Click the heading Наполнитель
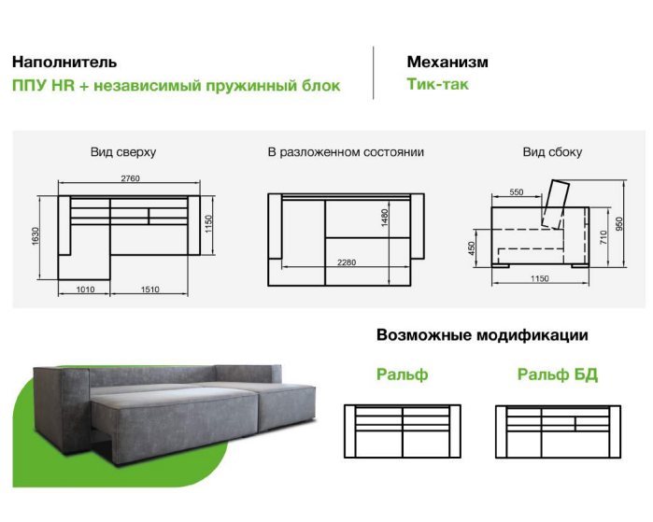[x=64, y=62]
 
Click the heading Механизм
[x=447, y=62]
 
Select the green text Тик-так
[x=437, y=84]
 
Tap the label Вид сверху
[x=123, y=152]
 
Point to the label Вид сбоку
[x=552, y=152]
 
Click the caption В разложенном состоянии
[x=346, y=152]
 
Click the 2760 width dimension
[x=131, y=178]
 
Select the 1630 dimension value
[x=35, y=236]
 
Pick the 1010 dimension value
[x=85, y=289]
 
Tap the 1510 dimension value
[x=149, y=289]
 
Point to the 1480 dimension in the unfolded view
[x=384, y=218]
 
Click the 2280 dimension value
[x=347, y=262]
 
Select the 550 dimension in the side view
[x=516, y=192]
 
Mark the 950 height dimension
[x=619, y=224]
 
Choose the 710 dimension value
[x=603, y=237]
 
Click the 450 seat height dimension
[x=472, y=248]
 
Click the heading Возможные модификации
[x=482, y=335]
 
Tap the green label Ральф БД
[x=558, y=374]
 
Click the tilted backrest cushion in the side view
[x=556, y=204]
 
